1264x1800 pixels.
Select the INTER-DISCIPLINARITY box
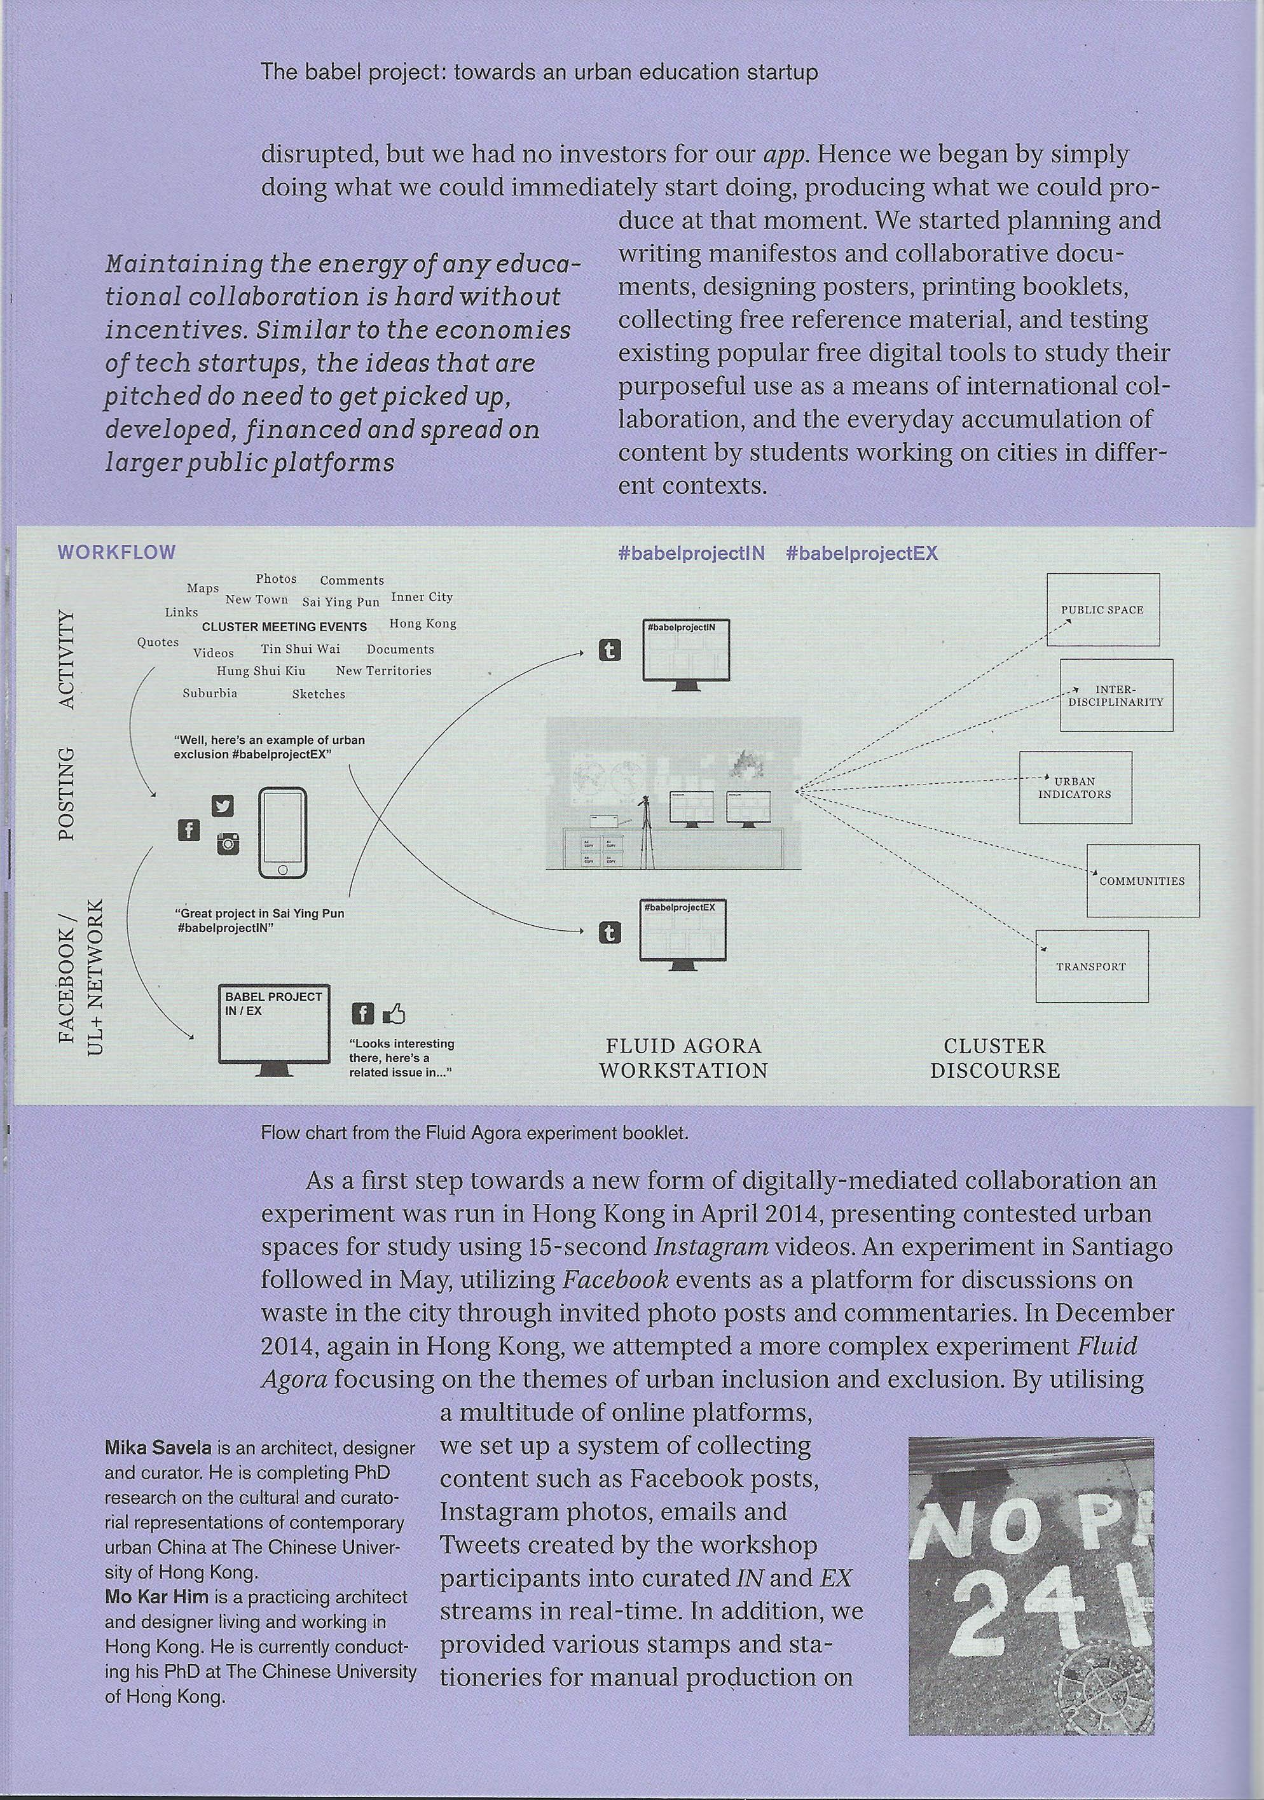[x=1116, y=695]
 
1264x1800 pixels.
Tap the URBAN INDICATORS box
[x=1075, y=787]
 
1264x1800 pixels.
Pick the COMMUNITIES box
[x=1142, y=881]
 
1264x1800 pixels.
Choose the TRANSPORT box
[x=1091, y=966]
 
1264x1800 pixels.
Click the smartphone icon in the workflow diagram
[x=282, y=834]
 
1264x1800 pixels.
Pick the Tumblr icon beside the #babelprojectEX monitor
[x=610, y=932]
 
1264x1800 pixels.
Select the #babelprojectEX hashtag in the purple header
[x=862, y=553]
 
